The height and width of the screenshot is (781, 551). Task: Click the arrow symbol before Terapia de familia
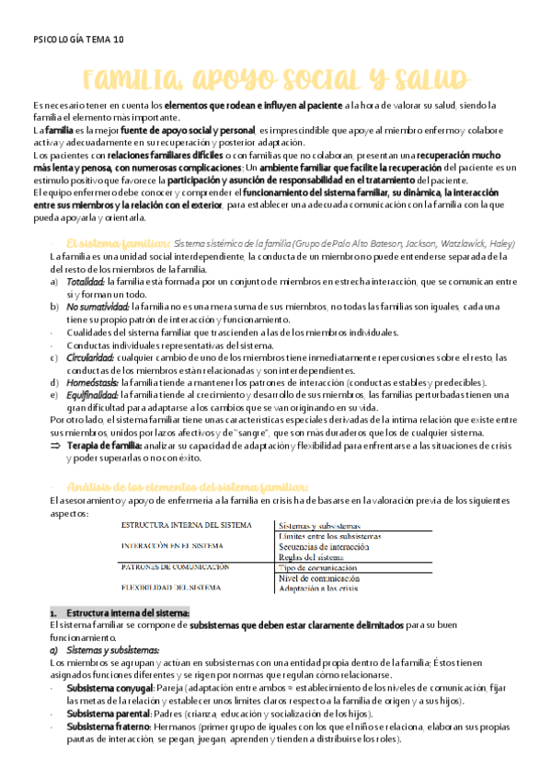pyautogui.click(x=55, y=445)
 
